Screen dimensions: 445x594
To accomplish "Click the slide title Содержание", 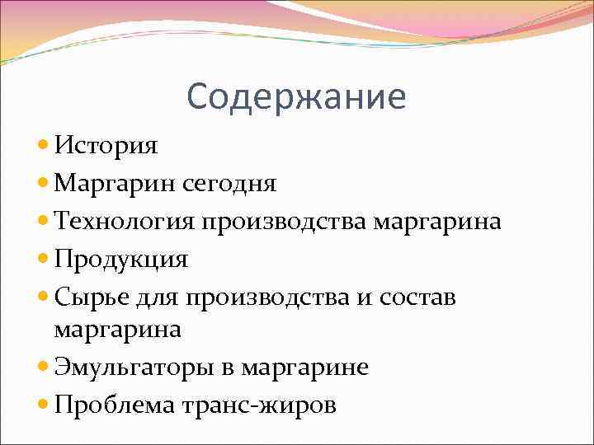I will point(296,96).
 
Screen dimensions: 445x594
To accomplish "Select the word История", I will point(106,146).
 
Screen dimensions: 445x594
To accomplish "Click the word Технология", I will point(125,222).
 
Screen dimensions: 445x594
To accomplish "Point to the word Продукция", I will point(121,260).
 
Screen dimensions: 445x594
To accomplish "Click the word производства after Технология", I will point(285,222).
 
